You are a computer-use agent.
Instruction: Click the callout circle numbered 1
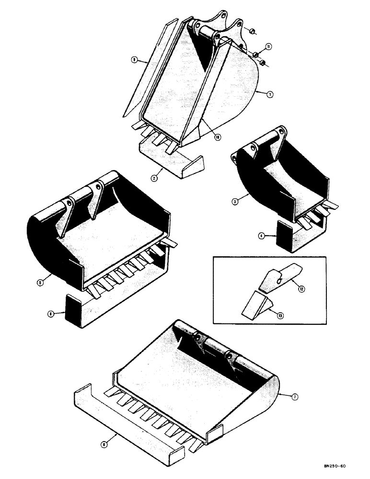[271, 95]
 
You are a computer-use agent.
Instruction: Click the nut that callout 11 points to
[257, 54]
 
